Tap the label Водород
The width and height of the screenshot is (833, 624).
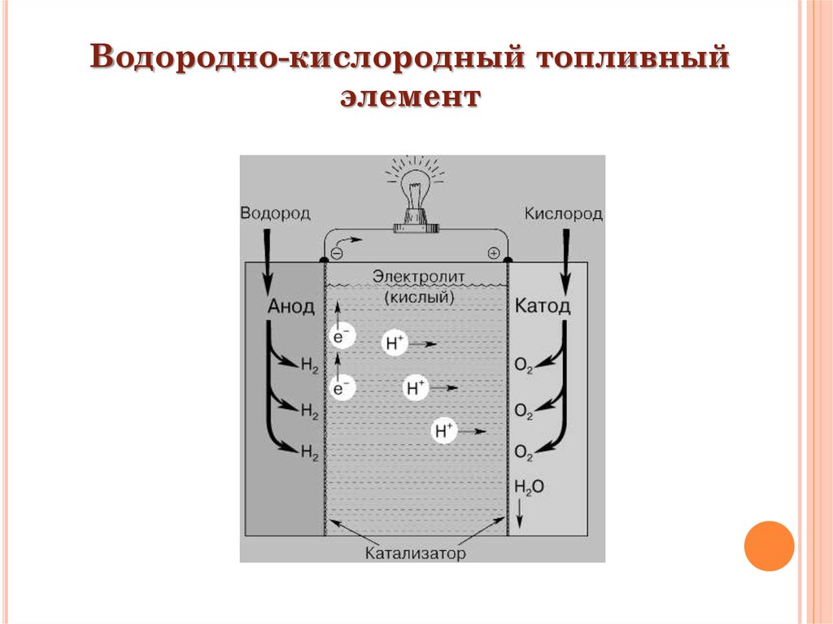[x=275, y=213]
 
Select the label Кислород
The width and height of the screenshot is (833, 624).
[x=563, y=214]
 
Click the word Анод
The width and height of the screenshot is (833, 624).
[x=290, y=307]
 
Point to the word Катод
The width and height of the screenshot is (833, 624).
[x=543, y=307]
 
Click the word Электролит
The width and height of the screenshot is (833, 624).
[x=419, y=277]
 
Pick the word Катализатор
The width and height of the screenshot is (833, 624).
[x=415, y=554]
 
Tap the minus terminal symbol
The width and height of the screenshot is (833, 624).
[x=337, y=253]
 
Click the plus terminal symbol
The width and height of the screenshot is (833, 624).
[x=493, y=253]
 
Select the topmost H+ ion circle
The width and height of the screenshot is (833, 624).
[x=394, y=343]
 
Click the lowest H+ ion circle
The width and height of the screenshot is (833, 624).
[x=444, y=431]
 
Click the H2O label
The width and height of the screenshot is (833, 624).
[x=529, y=487]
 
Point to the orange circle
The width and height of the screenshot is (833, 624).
[x=768, y=546]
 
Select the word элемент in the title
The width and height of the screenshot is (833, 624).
[x=411, y=98]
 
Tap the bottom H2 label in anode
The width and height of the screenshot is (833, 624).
[x=309, y=452]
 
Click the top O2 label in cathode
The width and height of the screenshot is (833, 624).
[x=524, y=368]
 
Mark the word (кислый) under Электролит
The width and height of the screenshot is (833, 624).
[x=419, y=298]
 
